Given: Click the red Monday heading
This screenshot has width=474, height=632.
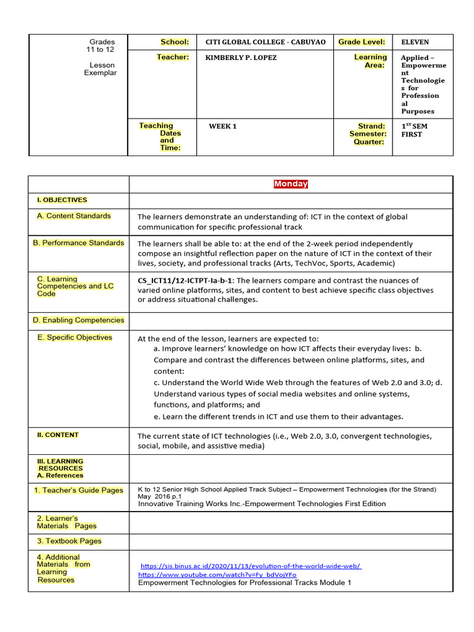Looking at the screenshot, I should [291, 184].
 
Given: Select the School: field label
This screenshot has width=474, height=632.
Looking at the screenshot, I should [175, 42].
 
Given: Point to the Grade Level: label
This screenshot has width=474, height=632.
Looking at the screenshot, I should [362, 42].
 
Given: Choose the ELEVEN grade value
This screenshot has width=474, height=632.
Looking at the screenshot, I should [415, 42].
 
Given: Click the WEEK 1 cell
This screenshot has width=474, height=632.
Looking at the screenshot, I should [223, 127].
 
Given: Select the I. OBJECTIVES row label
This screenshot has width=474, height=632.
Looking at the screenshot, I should [62, 200].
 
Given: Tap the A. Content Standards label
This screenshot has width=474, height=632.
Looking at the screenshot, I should [74, 216].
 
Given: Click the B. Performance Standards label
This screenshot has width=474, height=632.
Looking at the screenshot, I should [78, 243].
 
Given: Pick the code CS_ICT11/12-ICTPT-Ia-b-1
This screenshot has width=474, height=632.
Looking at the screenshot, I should [185, 280].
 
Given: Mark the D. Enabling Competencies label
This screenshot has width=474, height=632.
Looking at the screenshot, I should [78, 320].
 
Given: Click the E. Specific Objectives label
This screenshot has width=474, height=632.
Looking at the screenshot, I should [75, 338].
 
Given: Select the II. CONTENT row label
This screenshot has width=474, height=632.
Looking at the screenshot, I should [58, 435].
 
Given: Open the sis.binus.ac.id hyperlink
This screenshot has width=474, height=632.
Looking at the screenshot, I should [251, 566].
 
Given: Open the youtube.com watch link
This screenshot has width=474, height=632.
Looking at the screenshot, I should [217, 575].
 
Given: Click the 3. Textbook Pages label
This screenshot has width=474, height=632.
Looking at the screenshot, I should [69, 541].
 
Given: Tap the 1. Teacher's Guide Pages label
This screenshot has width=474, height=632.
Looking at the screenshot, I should [78, 491].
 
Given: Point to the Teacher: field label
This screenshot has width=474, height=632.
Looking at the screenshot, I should [173, 57].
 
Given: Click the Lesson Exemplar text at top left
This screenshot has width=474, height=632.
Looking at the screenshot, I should [101, 69].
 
